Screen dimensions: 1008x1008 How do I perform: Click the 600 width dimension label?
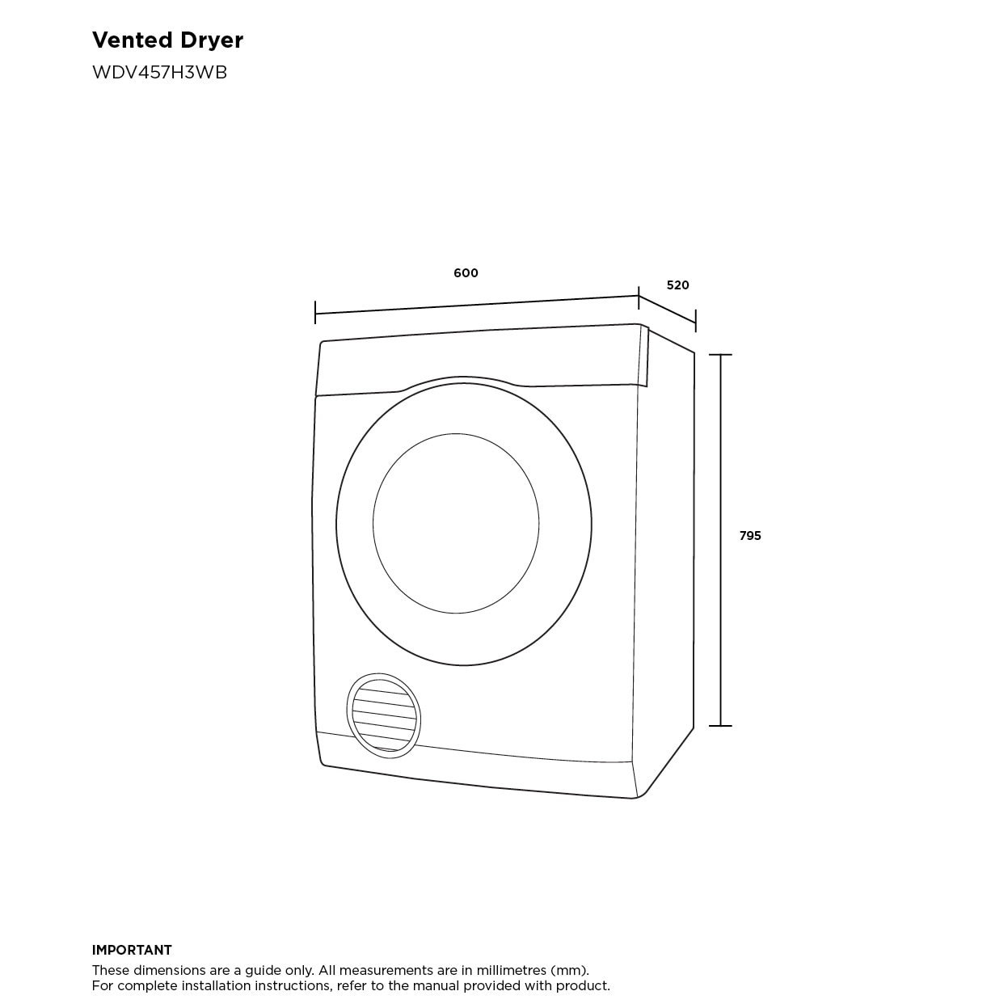pyautogui.click(x=466, y=273)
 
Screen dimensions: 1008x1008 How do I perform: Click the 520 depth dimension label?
pyautogui.click(x=677, y=285)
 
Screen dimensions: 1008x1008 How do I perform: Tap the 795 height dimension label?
pyautogui.click(x=750, y=536)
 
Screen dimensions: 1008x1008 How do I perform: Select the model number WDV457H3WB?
pyautogui.click(x=159, y=72)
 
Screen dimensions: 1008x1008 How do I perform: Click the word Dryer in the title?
pyautogui.click(x=212, y=40)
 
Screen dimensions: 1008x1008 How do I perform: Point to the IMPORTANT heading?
pyautogui.click(x=132, y=951)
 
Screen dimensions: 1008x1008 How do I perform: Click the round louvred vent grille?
pyautogui.click(x=384, y=715)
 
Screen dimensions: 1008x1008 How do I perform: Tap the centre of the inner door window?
pyautogui.click(x=456, y=524)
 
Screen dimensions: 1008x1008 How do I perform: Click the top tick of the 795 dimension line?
pyautogui.click(x=720, y=355)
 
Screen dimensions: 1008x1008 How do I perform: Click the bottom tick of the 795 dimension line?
pyautogui.click(x=720, y=726)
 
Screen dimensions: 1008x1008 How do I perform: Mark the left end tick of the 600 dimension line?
pyautogui.click(x=315, y=314)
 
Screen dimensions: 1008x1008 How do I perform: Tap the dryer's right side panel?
pyautogui.click(x=664, y=550)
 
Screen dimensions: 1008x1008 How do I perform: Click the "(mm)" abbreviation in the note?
pyautogui.click(x=569, y=970)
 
